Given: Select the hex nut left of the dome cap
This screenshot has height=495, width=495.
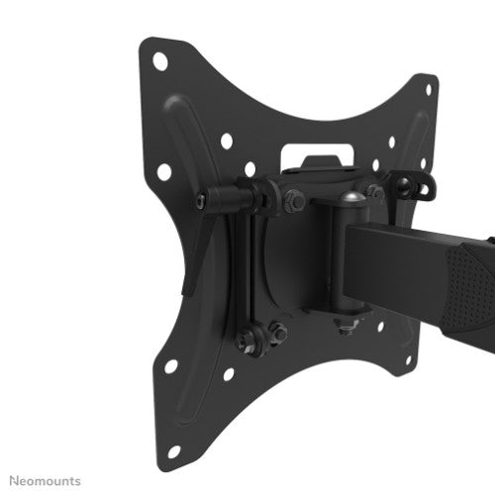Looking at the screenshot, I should pos(295,203).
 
